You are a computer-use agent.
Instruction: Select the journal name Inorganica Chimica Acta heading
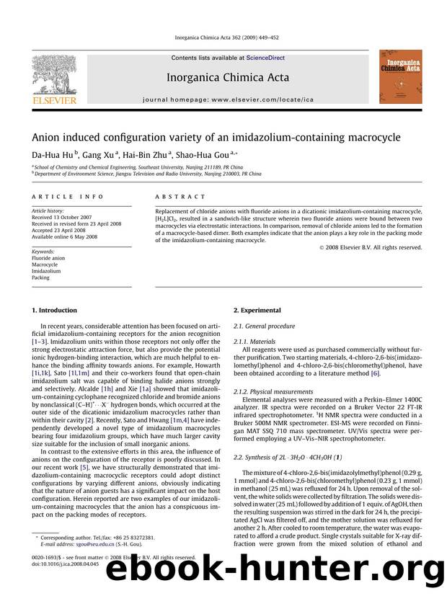(228, 77)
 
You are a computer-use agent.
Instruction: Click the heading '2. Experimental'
(257, 310)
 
